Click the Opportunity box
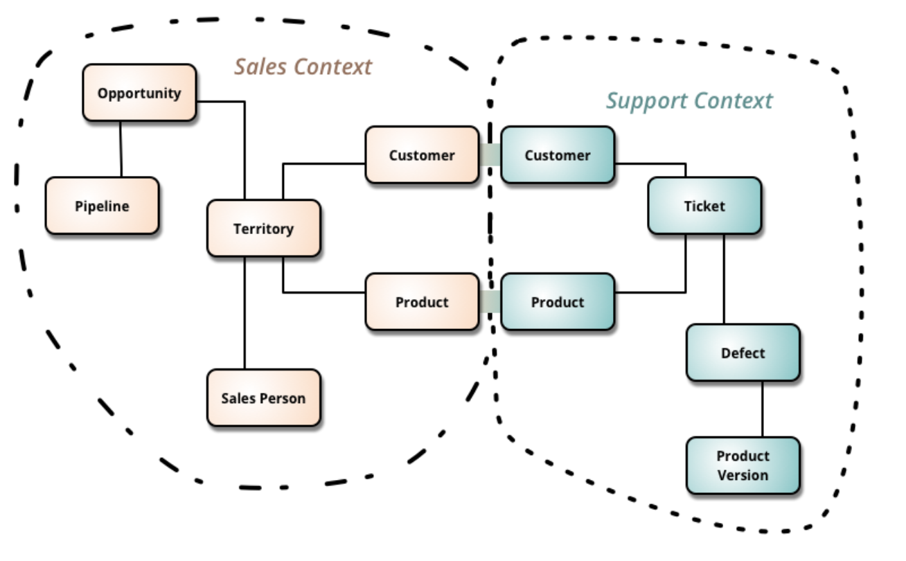point(139,93)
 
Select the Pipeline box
point(102,206)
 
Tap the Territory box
point(263,229)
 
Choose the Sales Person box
point(263,398)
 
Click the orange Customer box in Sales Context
point(422,155)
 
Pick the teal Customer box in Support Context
point(558,155)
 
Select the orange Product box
point(422,302)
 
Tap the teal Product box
point(558,302)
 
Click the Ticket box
point(704,206)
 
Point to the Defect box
point(743,353)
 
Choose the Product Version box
point(743,465)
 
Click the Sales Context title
point(303,66)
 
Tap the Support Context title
point(689,101)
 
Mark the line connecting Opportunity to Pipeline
point(121,149)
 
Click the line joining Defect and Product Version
point(763,409)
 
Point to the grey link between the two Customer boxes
point(490,155)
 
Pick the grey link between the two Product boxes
point(490,302)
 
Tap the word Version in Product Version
point(743,475)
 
